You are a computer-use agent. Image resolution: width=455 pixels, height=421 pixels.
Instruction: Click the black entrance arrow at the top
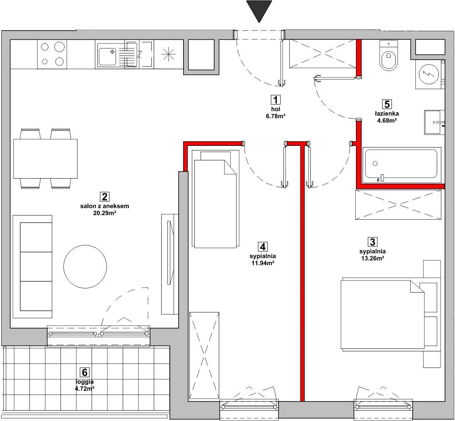pos(259,10)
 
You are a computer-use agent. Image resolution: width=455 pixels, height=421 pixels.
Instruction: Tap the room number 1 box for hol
pos(276,100)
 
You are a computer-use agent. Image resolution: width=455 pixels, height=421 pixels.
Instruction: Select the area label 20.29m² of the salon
pos(105,213)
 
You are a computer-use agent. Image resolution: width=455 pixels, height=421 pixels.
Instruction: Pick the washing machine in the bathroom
pos(428,74)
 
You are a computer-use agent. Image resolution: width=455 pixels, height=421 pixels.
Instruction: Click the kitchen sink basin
pos(107,57)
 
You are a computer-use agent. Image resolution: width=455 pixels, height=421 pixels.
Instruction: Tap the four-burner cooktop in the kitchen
pos(52,54)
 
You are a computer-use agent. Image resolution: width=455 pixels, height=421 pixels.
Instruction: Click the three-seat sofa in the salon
pos(32,266)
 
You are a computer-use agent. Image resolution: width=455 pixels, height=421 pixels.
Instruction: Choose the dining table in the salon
pos(46,159)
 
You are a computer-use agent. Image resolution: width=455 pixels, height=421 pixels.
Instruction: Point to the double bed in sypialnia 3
pos(383,314)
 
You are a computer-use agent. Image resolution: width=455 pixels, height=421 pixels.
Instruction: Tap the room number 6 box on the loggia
pos(84,372)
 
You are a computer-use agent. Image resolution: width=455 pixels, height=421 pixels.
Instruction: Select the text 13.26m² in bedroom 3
pos(373,258)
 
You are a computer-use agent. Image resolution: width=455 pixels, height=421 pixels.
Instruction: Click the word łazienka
pos(387,114)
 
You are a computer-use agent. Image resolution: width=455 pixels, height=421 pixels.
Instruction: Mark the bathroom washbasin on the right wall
pos(434,122)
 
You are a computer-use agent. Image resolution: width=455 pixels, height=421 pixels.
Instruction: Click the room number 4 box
pos(263,247)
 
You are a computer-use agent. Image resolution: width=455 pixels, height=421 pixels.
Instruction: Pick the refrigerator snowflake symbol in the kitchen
pos(169,54)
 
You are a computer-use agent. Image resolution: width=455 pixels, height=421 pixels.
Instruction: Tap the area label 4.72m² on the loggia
pos(85,388)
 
